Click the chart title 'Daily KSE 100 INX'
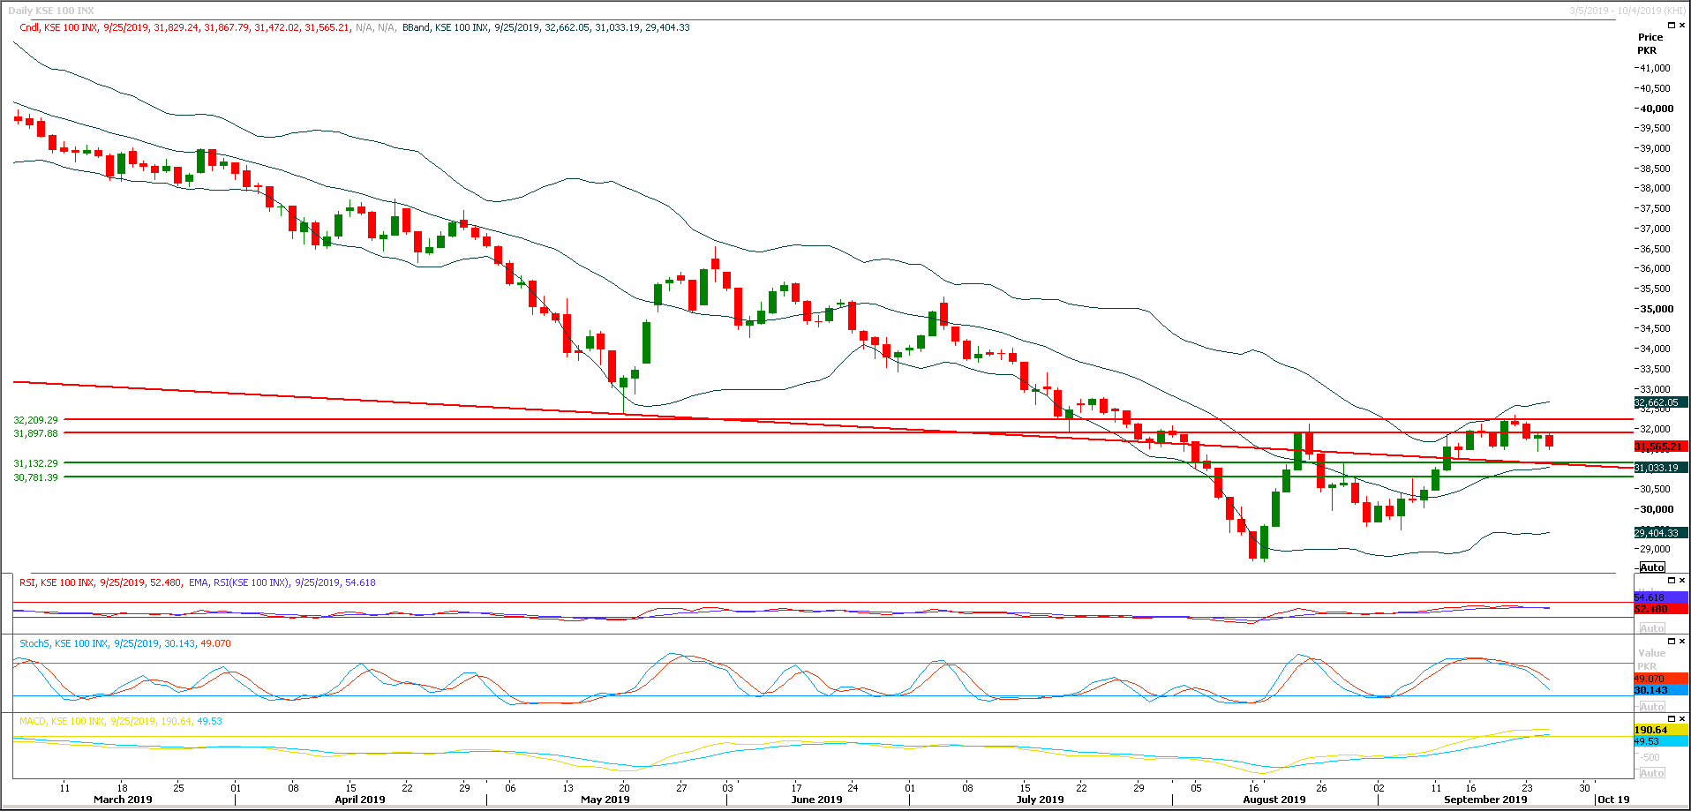[x=51, y=11]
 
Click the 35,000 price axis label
[x=1656, y=309]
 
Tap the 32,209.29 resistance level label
[x=36, y=420]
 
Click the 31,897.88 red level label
[x=36, y=433]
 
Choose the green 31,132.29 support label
[x=36, y=463]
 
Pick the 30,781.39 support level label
[x=36, y=477]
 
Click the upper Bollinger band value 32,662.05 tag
[x=1657, y=402]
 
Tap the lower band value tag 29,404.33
[x=1657, y=533]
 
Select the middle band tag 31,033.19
[x=1657, y=468]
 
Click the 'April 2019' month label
[x=360, y=800]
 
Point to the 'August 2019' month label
[x=1274, y=800]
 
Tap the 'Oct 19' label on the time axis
[x=1613, y=800]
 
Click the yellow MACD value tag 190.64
[x=1651, y=730]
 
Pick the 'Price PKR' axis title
[x=1650, y=43]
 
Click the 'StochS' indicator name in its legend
[x=34, y=643]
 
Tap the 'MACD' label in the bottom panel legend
[x=33, y=721]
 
